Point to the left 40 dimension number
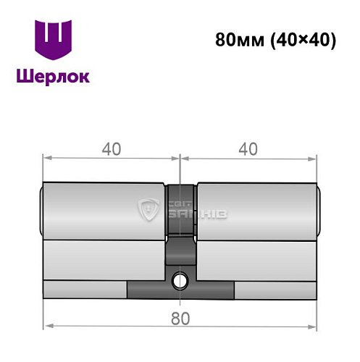click(x=110, y=148)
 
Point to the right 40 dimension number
click(x=248, y=148)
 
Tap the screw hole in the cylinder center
click(x=179, y=279)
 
